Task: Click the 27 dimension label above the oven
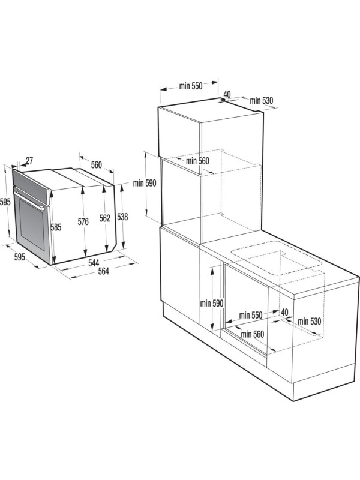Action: click(x=29, y=161)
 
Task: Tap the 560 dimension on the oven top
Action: click(x=96, y=165)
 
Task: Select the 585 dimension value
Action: click(x=56, y=227)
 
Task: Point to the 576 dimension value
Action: click(x=83, y=222)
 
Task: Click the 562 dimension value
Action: click(x=104, y=219)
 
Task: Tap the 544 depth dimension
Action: click(x=94, y=263)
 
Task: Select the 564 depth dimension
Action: click(x=103, y=272)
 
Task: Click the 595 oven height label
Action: click(x=5, y=202)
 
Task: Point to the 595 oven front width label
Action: click(x=19, y=257)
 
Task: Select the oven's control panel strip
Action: click(x=30, y=182)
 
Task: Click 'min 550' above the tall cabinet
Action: click(x=190, y=86)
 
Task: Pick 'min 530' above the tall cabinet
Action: click(x=262, y=100)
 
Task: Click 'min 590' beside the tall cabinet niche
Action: click(x=144, y=183)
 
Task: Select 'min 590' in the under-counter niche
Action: click(x=212, y=304)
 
